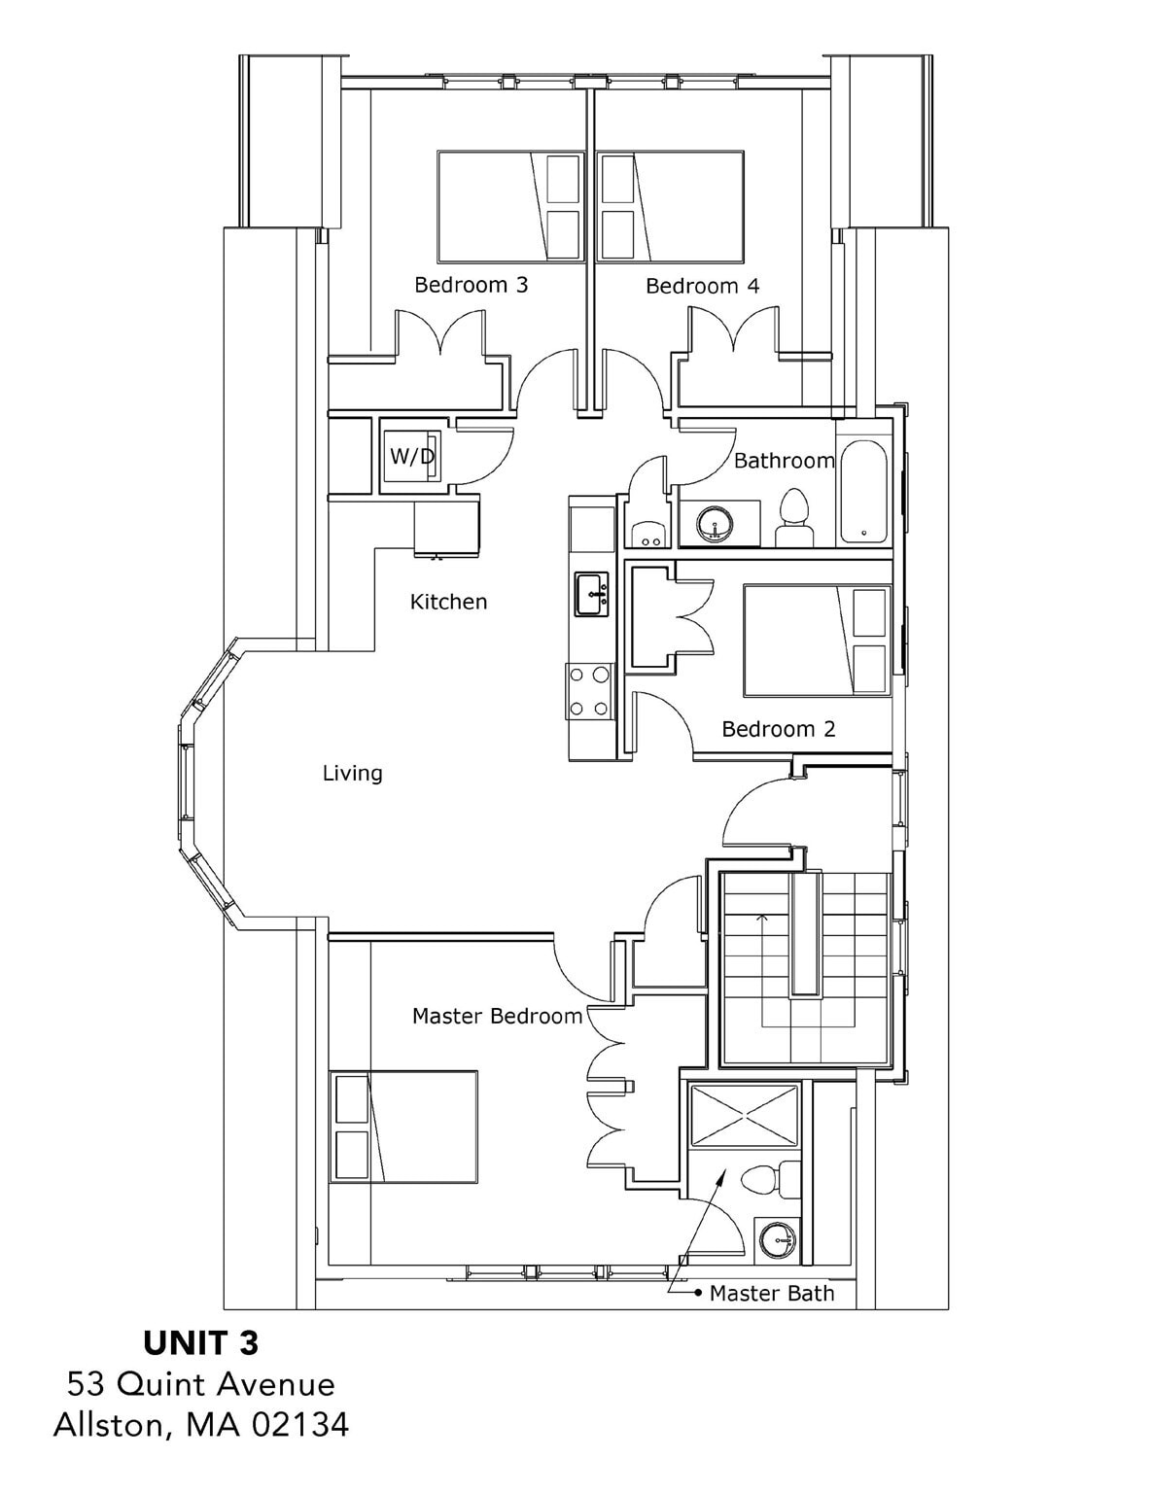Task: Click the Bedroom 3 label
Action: (x=472, y=285)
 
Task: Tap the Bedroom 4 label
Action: (x=703, y=286)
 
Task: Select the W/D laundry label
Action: (x=411, y=456)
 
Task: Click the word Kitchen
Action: (x=448, y=602)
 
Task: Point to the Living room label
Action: (x=352, y=774)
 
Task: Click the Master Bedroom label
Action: (x=498, y=1016)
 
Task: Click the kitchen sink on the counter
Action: (x=591, y=594)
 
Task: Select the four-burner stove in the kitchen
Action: (x=589, y=691)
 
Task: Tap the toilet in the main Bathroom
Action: (x=794, y=518)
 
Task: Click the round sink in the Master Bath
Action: (x=778, y=1240)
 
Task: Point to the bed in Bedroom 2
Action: (x=818, y=639)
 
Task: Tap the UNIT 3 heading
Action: (x=201, y=1343)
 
